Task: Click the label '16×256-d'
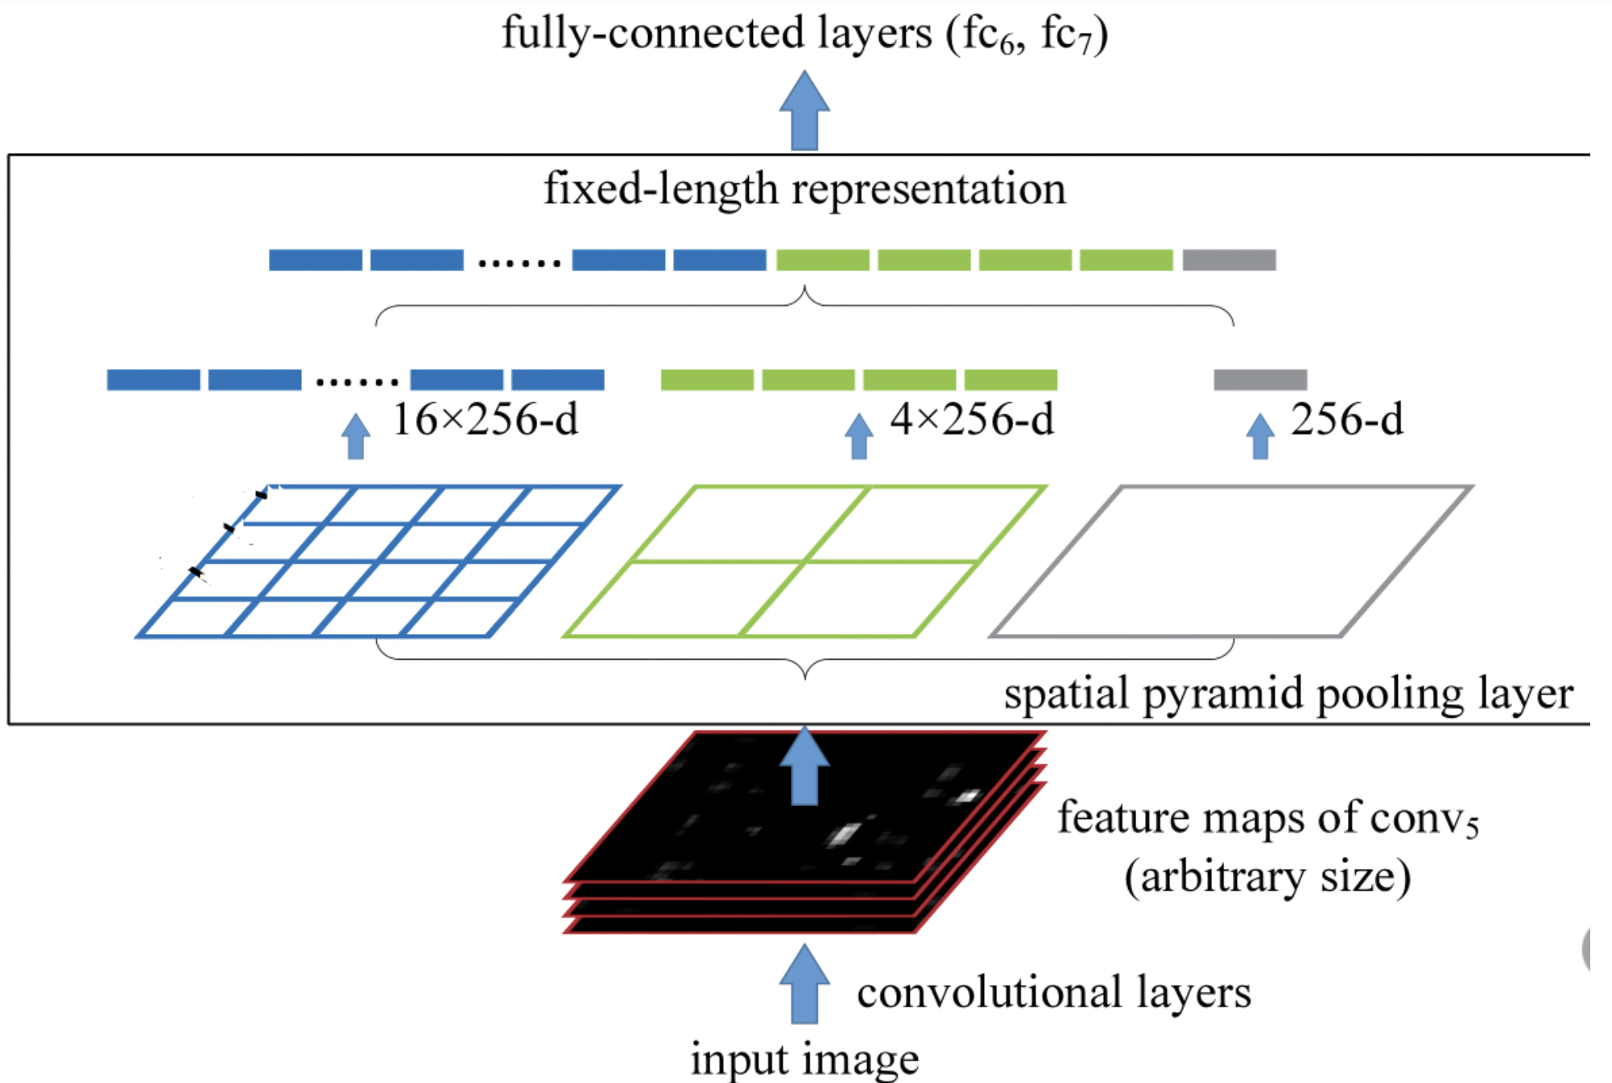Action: (486, 420)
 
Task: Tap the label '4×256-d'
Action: (972, 420)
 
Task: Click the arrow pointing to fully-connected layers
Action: (804, 111)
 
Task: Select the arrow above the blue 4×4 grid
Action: (356, 436)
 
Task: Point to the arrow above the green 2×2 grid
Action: (859, 436)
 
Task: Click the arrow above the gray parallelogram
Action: (1260, 436)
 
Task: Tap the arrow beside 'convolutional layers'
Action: (804, 984)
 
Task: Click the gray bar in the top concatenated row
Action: (1229, 260)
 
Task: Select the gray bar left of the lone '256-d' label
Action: (1260, 379)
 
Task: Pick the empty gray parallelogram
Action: (1232, 561)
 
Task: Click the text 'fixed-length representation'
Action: (804, 189)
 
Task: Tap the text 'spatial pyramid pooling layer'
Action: (1288, 694)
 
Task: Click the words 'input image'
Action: (804, 1059)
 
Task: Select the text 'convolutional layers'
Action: (1054, 992)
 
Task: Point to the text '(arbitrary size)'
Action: (1267, 876)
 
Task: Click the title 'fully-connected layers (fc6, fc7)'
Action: (804, 34)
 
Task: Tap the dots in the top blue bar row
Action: (519, 262)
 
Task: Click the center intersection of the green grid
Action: (804, 561)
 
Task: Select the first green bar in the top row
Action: (822, 260)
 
